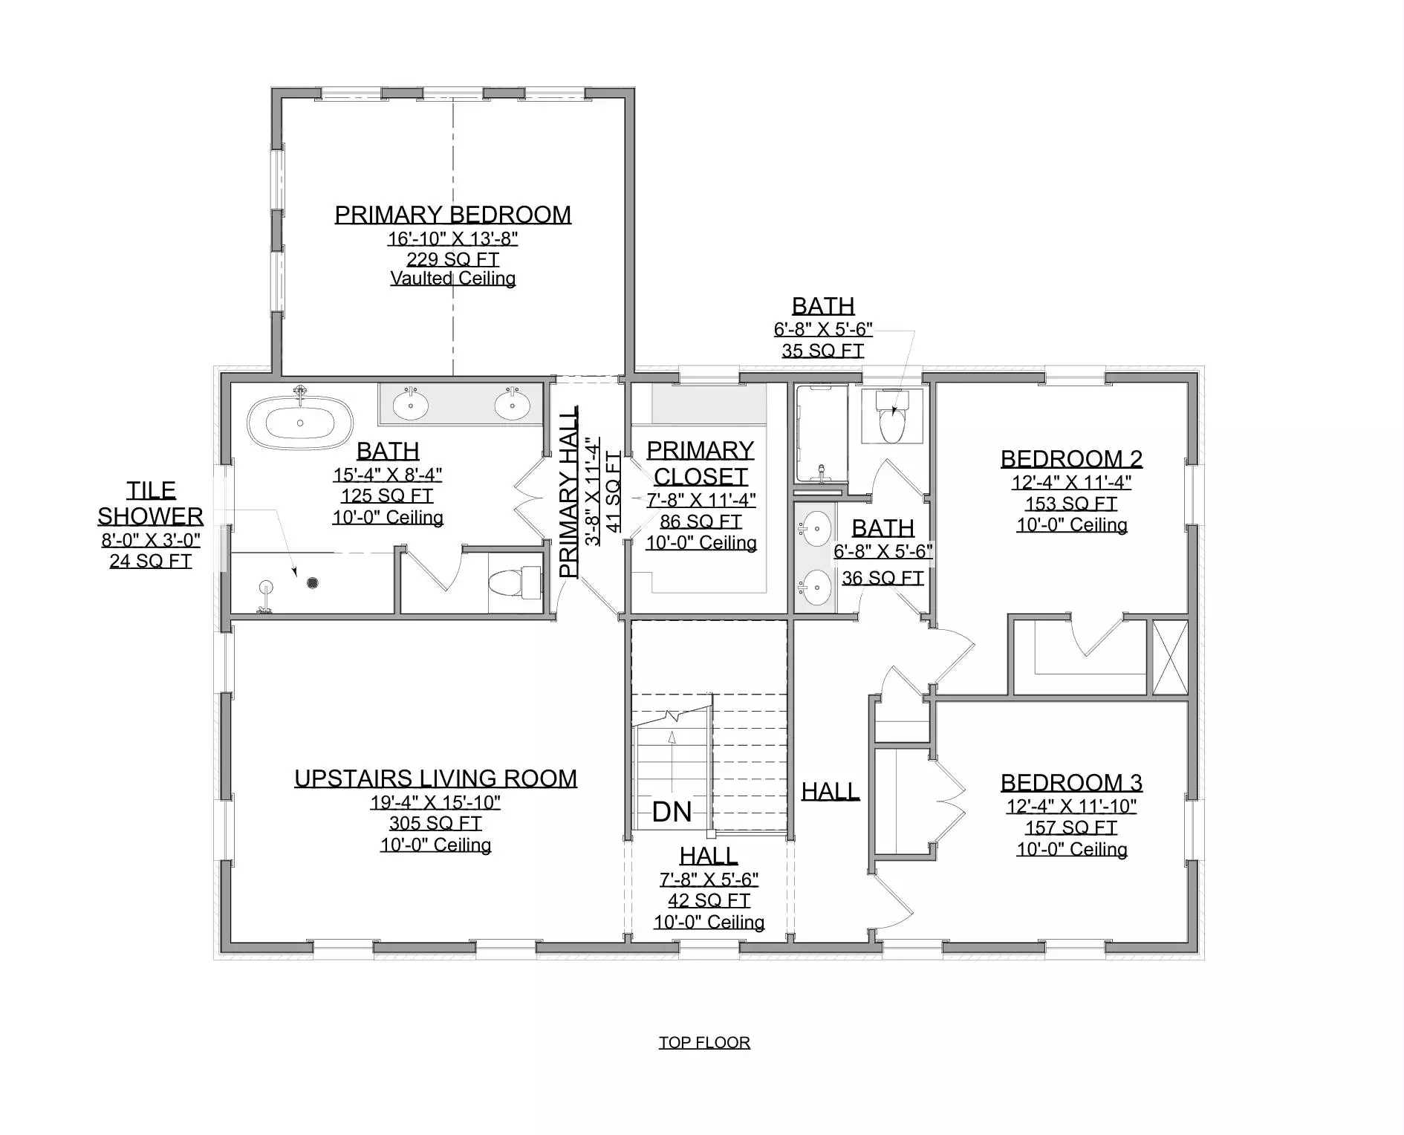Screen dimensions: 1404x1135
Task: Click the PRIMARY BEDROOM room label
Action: (x=452, y=215)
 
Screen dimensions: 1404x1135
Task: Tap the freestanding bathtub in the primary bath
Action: (x=300, y=423)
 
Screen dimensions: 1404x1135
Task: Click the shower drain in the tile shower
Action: (x=313, y=583)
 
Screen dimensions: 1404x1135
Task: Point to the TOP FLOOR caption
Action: (x=704, y=1042)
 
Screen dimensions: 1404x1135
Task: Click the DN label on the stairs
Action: (x=672, y=812)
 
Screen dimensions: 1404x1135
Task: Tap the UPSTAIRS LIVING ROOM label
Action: (x=435, y=778)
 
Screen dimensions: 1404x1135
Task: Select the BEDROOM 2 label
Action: (x=1071, y=459)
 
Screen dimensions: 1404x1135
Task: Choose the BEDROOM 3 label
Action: (x=1071, y=783)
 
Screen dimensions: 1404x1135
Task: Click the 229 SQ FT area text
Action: (x=452, y=259)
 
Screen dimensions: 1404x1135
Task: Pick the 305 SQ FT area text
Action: (x=435, y=823)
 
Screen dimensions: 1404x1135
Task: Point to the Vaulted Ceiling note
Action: (x=452, y=279)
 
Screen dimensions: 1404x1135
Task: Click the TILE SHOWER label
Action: (x=151, y=503)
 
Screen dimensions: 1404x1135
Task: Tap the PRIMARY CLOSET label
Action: (x=701, y=463)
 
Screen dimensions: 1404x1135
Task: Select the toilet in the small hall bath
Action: (x=892, y=417)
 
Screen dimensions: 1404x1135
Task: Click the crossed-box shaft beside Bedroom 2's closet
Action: (x=1170, y=658)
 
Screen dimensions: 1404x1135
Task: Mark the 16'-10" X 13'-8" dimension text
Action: (x=452, y=238)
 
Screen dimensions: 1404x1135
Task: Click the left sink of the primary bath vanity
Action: (x=410, y=405)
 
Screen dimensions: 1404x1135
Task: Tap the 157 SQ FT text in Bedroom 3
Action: (x=1071, y=827)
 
